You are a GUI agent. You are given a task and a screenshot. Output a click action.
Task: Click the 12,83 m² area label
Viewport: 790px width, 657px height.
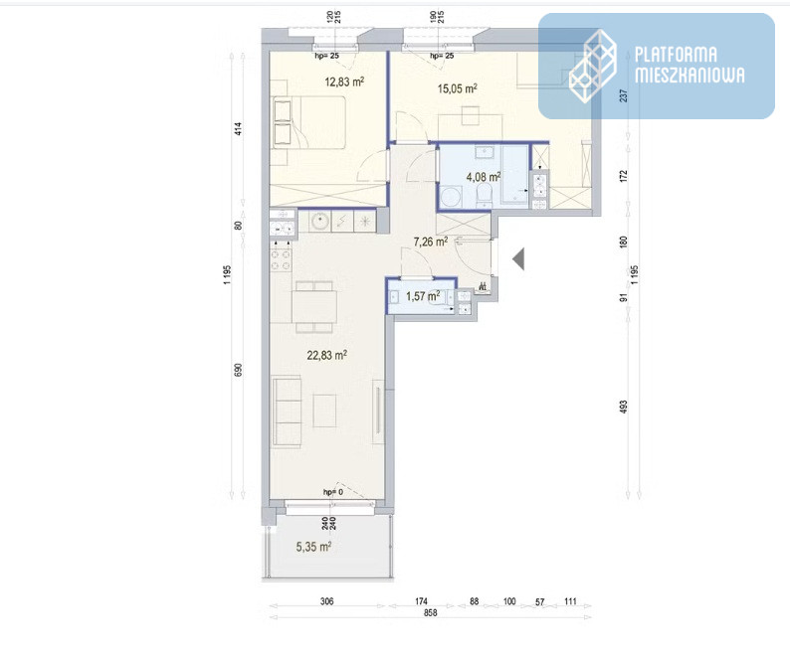[344, 82]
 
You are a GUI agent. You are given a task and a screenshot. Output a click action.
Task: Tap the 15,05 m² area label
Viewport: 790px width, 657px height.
[457, 88]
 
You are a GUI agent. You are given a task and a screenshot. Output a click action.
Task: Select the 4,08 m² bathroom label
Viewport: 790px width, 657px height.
[484, 177]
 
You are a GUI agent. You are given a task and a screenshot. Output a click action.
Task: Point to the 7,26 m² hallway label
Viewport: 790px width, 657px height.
[431, 242]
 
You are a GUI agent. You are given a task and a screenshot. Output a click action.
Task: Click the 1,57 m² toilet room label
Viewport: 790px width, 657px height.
[423, 296]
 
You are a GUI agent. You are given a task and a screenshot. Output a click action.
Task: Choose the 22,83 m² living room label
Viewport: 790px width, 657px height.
[327, 355]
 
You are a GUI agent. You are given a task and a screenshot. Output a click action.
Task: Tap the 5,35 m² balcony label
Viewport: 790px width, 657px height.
[313, 547]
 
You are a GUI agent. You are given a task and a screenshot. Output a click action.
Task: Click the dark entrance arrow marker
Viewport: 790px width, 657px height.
[518, 259]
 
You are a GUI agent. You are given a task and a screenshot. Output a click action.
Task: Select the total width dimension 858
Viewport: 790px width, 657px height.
[430, 612]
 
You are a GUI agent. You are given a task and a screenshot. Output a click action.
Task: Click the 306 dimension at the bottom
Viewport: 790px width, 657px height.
[327, 601]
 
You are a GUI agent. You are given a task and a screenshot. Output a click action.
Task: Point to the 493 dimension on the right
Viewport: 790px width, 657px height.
[624, 407]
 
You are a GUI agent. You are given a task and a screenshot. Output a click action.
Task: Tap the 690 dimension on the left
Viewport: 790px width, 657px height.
[239, 370]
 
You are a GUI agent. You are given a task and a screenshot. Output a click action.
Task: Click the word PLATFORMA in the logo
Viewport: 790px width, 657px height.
[676, 55]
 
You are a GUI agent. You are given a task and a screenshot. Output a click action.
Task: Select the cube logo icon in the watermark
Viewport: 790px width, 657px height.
[593, 66]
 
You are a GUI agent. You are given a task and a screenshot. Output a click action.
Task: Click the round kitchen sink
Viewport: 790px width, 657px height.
[319, 221]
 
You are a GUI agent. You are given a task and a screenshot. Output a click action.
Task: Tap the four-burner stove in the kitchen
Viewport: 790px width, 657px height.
[281, 255]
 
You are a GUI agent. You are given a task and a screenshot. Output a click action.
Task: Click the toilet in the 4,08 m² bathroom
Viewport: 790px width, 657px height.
[485, 194]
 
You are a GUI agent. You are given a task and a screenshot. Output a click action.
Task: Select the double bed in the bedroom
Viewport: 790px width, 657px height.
[308, 122]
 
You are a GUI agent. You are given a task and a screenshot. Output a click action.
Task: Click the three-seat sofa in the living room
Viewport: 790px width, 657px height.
[287, 411]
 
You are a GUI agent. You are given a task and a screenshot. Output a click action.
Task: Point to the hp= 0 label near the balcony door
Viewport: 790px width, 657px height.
[333, 492]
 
